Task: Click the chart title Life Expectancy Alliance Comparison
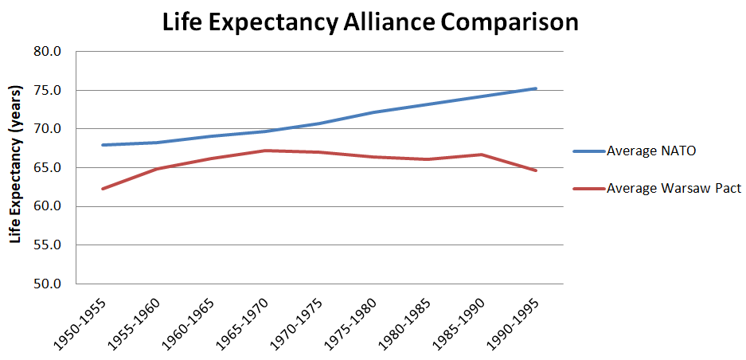pyautogui.click(x=370, y=22)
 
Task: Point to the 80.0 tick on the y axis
pyautogui.click(x=48, y=52)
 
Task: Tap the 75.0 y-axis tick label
pyautogui.click(x=48, y=90)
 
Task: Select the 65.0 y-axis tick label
pyautogui.click(x=48, y=168)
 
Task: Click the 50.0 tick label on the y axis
pyautogui.click(x=48, y=284)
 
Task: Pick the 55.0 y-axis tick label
pyautogui.click(x=48, y=245)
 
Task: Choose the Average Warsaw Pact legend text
pyautogui.click(x=674, y=189)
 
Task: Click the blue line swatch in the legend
pyautogui.click(x=588, y=151)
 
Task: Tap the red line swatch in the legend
pyautogui.click(x=588, y=189)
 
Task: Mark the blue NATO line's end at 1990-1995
pyautogui.click(x=536, y=88)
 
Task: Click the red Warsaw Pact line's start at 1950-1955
pyautogui.click(x=103, y=189)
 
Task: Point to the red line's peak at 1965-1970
pyautogui.click(x=265, y=151)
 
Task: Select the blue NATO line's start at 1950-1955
pyautogui.click(x=103, y=145)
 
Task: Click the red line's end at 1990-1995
pyautogui.click(x=536, y=170)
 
